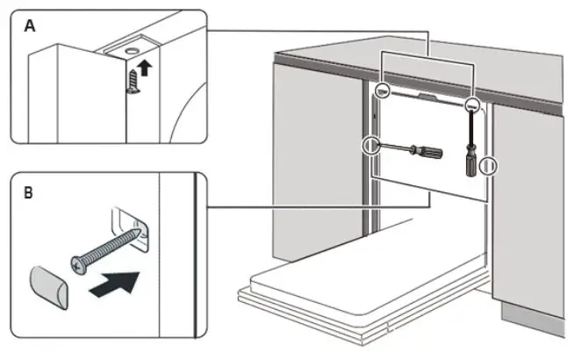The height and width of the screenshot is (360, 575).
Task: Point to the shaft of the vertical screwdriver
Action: pos(471,127)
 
